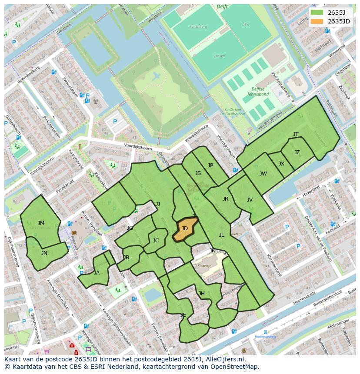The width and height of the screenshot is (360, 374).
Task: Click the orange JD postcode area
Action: [x=185, y=229]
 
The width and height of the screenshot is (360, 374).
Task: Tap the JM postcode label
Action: [x=41, y=223]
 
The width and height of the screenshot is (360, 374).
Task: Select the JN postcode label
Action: [x=44, y=253]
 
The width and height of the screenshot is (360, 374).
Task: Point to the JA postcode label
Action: [x=97, y=273]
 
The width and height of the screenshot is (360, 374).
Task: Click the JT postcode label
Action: [x=296, y=134]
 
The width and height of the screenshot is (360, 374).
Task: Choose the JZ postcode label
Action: [x=297, y=152]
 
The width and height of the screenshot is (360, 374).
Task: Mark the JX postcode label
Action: [x=281, y=164]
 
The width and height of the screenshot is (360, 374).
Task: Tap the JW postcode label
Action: [x=263, y=174]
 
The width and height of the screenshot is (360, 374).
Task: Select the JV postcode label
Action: [x=250, y=200]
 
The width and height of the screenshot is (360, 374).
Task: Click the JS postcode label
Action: [x=198, y=173]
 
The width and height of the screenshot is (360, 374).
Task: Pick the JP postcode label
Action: [x=210, y=165]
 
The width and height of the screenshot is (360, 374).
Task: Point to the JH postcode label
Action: [x=202, y=294]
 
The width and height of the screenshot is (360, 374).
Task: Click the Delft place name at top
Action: [x=223, y=7]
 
